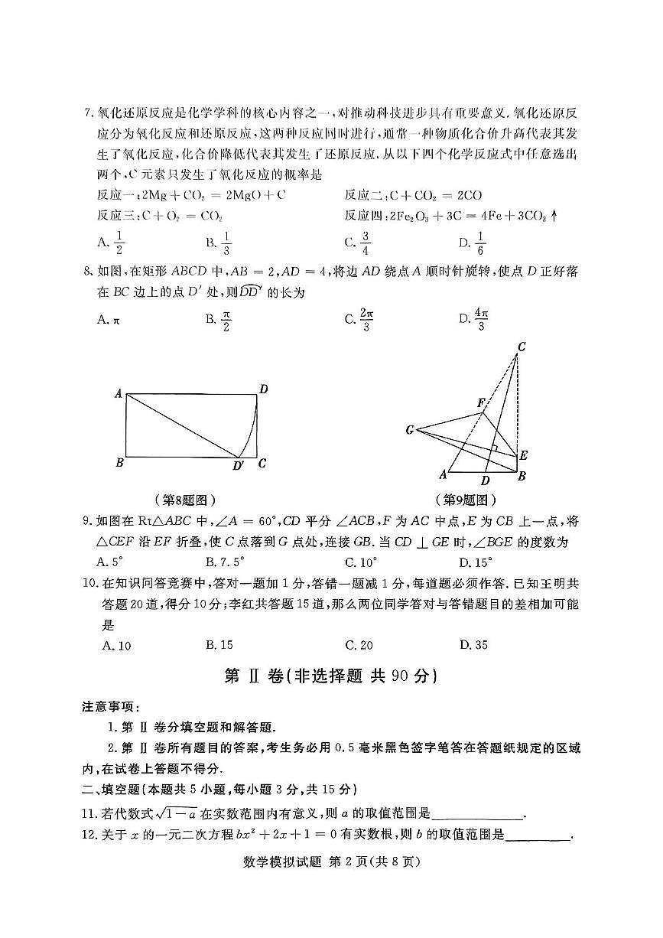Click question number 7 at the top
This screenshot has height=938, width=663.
pyautogui.click(x=88, y=113)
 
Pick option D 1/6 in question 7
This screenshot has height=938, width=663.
pyautogui.click(x=479, y=243)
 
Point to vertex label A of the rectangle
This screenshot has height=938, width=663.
pyautogui.click(x=119, y=394)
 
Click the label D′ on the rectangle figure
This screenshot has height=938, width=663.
pyautogui.click(x=239, y=465)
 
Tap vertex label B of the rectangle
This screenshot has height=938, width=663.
pyautogui.click(x=119, y=463)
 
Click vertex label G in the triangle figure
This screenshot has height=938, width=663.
pyautogui.click(x=410, y=430)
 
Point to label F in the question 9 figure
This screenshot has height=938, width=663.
pyautogui.click(x=480, y=402)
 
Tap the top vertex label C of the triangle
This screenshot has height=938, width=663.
pyautogui.click(x=521, y=347)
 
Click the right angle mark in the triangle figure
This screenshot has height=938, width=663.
pyautogui.click(x=496, y=448)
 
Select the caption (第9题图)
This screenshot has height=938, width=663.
pyautogui.click(x=466, y=500)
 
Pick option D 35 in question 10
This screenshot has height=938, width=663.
pyautogui.click(x=473, y=645)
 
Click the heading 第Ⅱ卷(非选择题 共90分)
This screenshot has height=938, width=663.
pyautogui.click(x=330, y=676)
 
